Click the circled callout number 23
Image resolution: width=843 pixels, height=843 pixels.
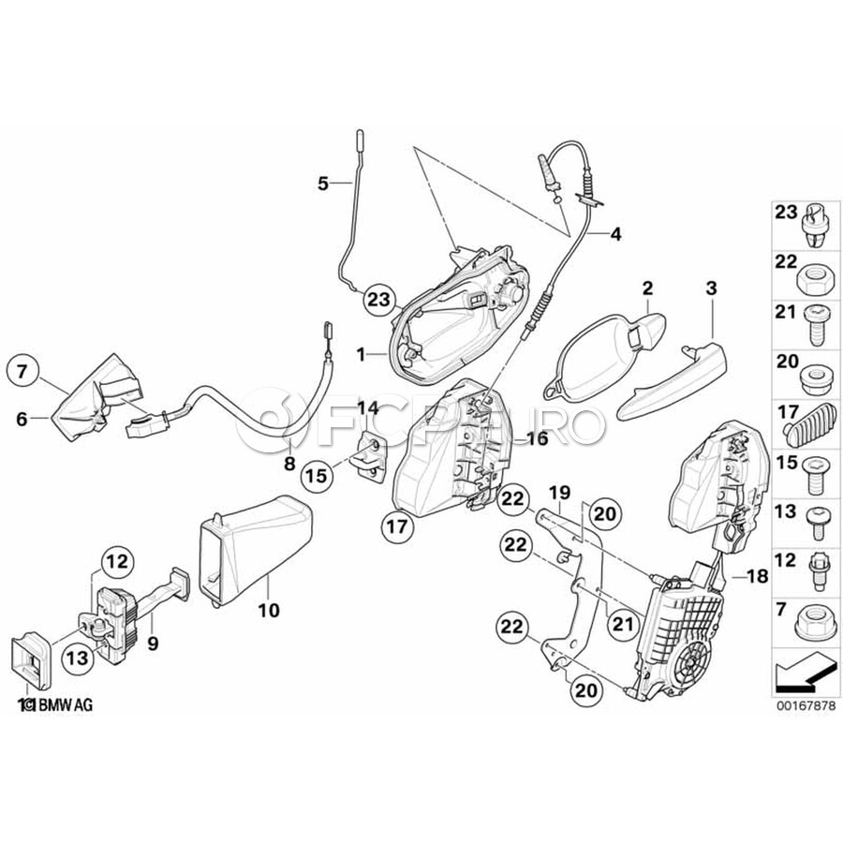pyautogui.click(x=377, y=299)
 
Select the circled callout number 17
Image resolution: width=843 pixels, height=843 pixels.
pyautogui.click(x=398, y=527)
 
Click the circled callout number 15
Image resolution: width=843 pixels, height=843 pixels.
pyautogui.click(x=318, y=475)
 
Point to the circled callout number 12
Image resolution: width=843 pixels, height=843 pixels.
pyautogui.click(x=114, y=562)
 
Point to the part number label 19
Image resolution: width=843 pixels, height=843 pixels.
pyautogui.click(x=560, y=491)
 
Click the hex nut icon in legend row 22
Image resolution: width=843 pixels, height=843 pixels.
pyautogui.click(x=810, y=279)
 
